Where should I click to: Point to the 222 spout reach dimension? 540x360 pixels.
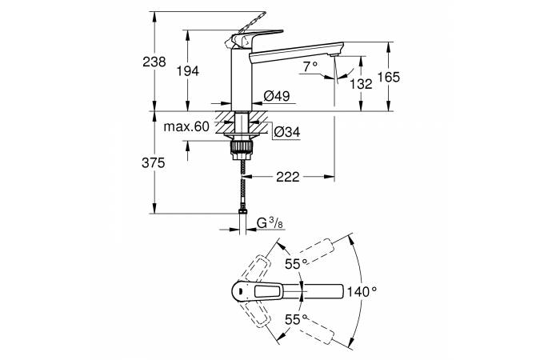pyautogui.click(x=287, y=177)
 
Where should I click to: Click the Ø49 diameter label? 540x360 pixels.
pyautogui.click(x=276, y=97)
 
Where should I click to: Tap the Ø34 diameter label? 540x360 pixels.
pyautogui.click(x=286, y=132)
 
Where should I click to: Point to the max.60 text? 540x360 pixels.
pyautogui.click(x=186, y=127)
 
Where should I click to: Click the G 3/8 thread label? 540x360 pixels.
pyautogui.click(x=269, y=225)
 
